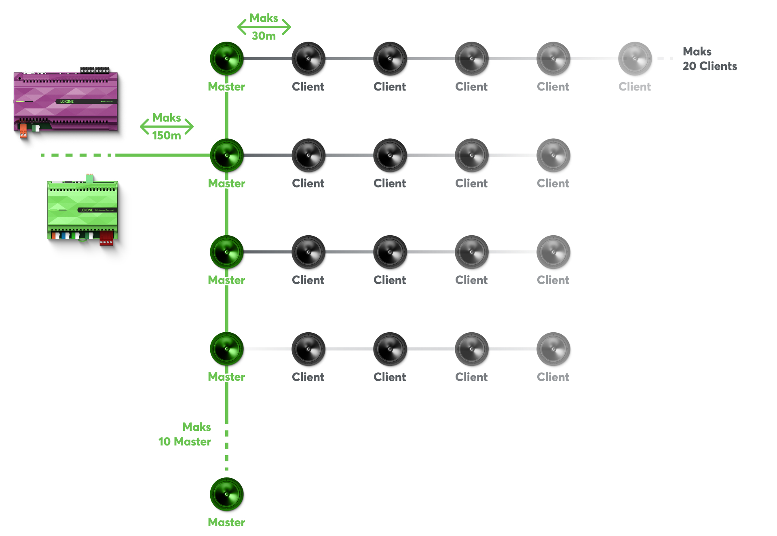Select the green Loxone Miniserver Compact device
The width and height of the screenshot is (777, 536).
[83, 210]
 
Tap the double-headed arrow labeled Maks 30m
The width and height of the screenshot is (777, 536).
[264, 27]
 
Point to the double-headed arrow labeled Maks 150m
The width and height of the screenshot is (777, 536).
[167, 127]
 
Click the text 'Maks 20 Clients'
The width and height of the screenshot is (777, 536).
[709, 59]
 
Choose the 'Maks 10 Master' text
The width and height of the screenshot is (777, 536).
[185, 435]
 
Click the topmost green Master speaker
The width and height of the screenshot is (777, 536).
[227, 59]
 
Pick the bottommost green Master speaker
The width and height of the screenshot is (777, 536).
[227, 494]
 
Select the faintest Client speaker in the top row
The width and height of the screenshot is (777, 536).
[635, 59]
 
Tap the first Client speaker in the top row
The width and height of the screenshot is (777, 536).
[308, 59]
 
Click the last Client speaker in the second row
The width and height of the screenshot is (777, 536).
[553, 155]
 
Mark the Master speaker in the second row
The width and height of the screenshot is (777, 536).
[227, 155]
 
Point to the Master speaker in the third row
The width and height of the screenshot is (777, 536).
[227, 252]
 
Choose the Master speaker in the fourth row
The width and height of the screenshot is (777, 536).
[227, 349]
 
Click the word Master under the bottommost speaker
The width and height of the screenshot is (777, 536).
[226, 522]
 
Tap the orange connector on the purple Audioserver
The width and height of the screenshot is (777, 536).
[23, 131]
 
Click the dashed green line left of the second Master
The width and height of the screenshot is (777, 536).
[77, 155]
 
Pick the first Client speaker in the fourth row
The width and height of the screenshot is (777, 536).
[308, 349]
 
